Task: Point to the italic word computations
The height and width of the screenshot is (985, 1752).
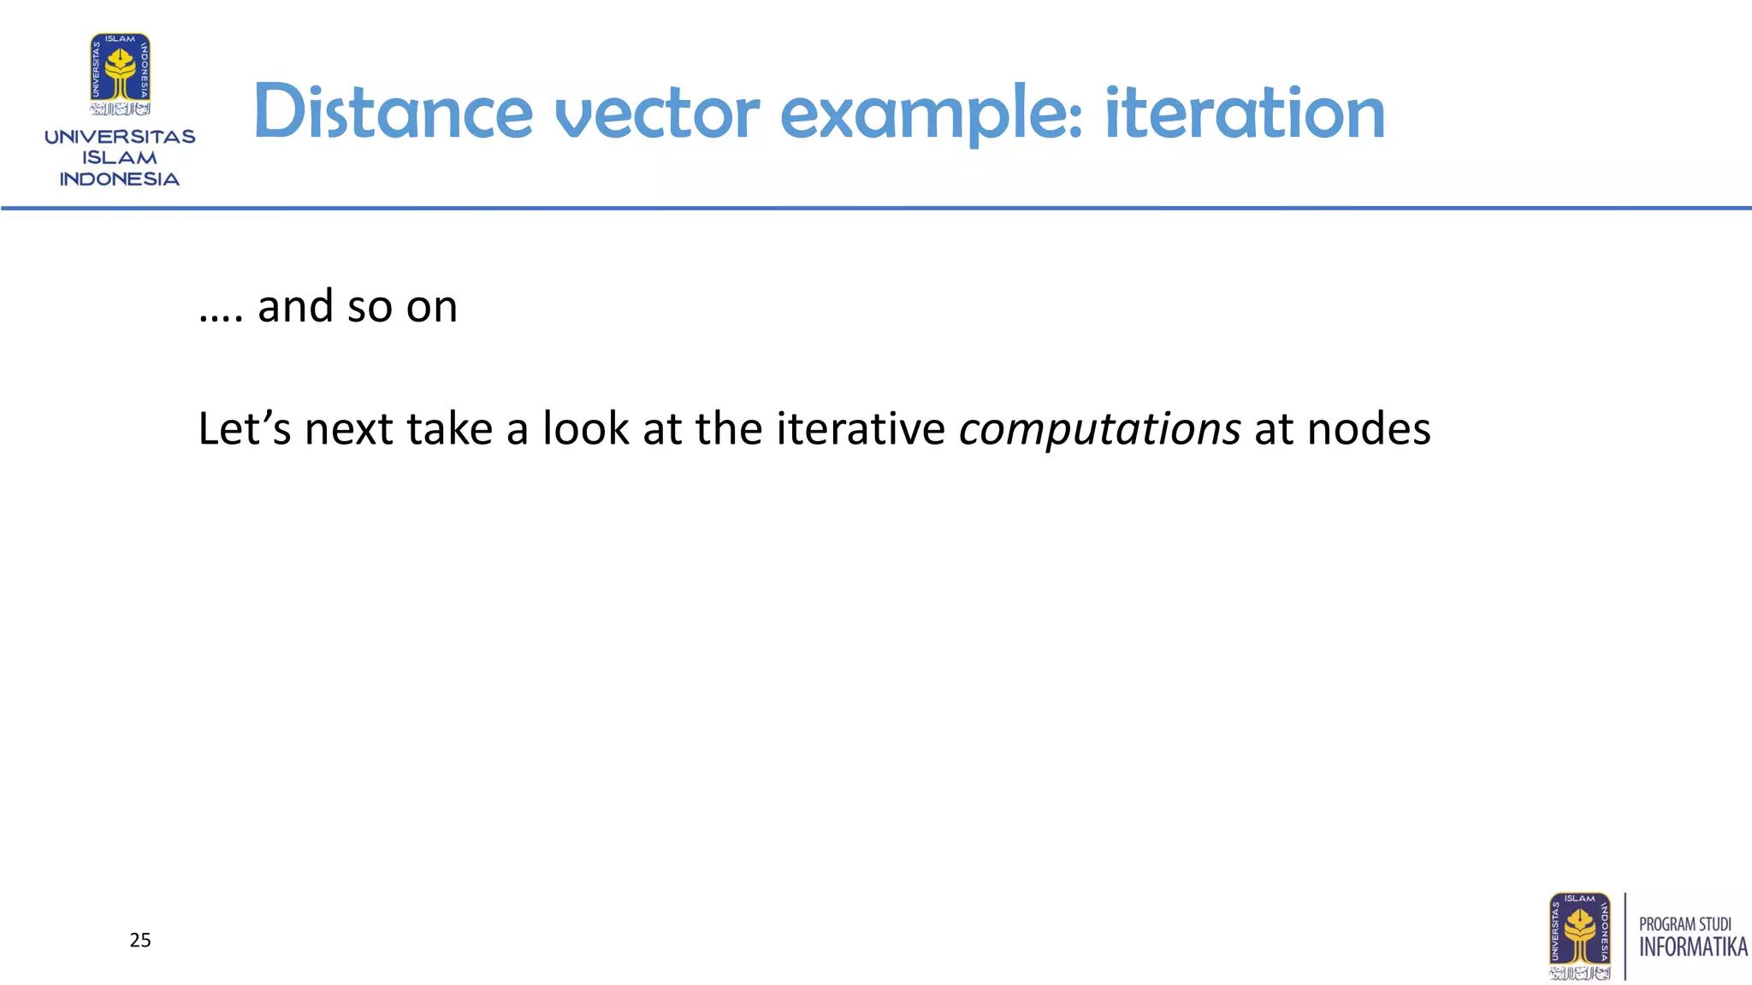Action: (x=1099, y=428)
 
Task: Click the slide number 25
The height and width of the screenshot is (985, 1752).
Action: (x=140, y=941)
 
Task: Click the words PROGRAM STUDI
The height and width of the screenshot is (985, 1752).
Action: (x=1684, y=924)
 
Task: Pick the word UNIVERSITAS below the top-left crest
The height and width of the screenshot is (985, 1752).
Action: (x=120, y=137)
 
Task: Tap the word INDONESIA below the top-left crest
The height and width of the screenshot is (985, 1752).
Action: (x=120, y=180)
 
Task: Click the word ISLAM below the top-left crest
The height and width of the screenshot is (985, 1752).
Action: (x=120, y=158)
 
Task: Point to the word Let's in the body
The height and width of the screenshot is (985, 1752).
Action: (x=245, y=428)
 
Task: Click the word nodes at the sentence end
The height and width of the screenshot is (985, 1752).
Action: (x=1369, y=428)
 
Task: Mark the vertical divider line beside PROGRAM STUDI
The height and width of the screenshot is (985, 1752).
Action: (x=1625, y=936)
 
